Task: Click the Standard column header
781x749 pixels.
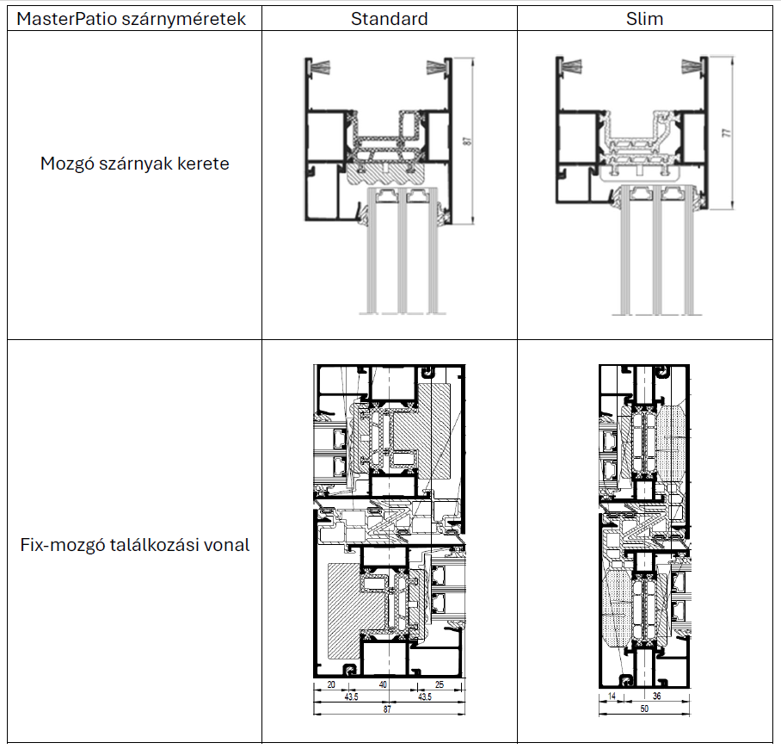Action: (x=389, y=19)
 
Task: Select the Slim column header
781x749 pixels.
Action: (x=644, y=19)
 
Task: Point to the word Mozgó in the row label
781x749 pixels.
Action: (x=67, y=164)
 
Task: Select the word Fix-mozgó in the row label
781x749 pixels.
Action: (x=63, y=545)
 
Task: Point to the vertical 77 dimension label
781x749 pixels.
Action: (x=727, y=133)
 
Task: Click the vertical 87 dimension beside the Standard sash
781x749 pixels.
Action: (x=467, y=141)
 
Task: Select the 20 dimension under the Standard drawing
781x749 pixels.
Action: (x=331, y=684)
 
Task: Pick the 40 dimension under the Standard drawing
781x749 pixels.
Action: (x=383, y=684)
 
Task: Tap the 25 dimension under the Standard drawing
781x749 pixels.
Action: (x=440, y=684)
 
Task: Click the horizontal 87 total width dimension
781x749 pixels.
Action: (x=388, y=709)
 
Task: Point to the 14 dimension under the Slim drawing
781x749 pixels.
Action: (x=612, y=696)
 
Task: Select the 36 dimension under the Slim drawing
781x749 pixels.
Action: (x=656, y=696)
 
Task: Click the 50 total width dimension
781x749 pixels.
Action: (x=644, y=709)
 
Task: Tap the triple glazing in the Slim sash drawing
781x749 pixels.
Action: (x=657, y=250)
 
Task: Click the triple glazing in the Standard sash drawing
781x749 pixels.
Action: (x=403, y=251)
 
